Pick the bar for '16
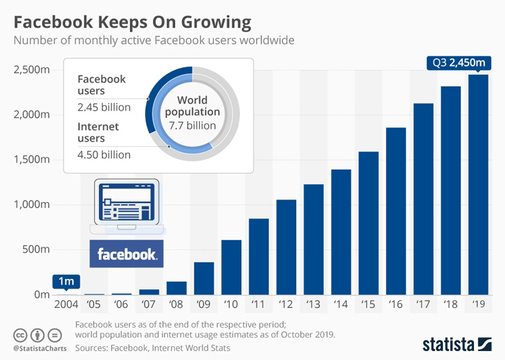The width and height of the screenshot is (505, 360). click(396, 211)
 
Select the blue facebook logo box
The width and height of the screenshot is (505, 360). click(127, 254)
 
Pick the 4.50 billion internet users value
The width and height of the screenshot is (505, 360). click(104, 154)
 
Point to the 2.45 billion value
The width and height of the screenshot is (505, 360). click(104, 107)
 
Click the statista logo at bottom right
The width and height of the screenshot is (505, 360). click(456, 343)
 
